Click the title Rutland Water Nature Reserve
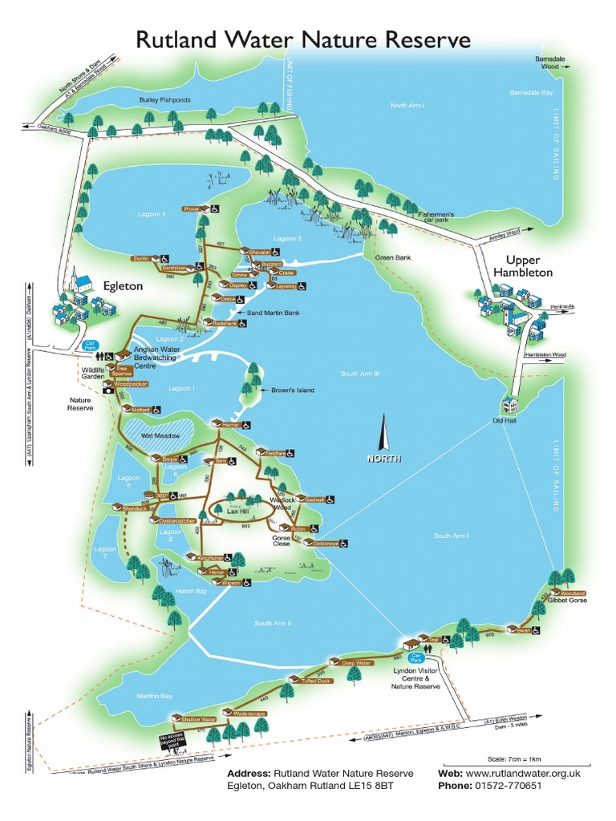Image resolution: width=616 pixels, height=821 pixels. click(302, 40)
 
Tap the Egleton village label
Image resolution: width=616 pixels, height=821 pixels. click(123, 285)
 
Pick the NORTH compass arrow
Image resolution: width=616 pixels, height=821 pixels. click(383, 433)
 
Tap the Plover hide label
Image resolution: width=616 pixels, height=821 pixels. click(192, 208)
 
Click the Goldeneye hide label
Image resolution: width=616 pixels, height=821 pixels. click(326, 543)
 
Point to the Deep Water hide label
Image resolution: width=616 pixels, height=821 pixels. click(357, 663)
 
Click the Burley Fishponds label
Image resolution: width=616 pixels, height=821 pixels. click(164, 101)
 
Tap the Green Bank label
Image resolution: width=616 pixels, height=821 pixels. click(392, 257)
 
